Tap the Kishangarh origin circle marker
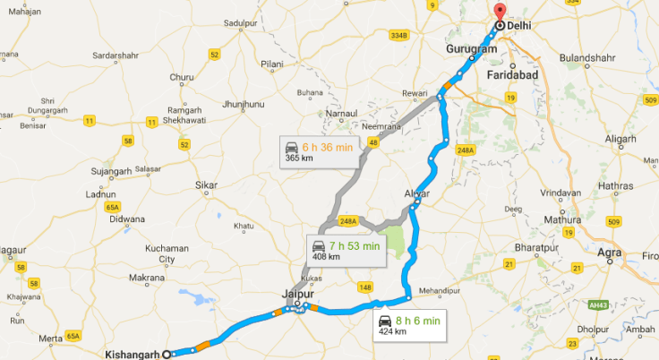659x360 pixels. [x=167, y=355]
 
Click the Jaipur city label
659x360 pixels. [x=295, y=292]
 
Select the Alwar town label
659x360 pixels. [x=417, y=193]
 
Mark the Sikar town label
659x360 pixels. [x=206, y=185]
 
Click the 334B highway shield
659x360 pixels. [x=398, y=36]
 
